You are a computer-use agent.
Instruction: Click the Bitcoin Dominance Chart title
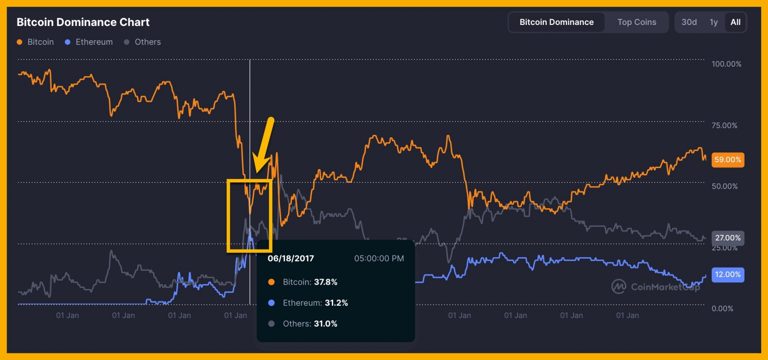83,22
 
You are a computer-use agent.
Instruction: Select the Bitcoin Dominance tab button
556,22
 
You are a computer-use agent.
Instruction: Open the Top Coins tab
636,22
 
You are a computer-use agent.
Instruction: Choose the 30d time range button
689,22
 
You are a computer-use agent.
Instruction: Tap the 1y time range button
714,22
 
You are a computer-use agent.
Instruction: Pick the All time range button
735,22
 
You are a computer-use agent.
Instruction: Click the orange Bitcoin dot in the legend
20,42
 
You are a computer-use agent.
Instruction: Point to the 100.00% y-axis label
726,64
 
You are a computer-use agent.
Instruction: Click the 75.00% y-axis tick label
724,126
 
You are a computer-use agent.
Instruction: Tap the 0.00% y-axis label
722,309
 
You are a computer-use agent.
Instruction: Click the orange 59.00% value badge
728,160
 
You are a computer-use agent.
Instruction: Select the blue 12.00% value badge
728,275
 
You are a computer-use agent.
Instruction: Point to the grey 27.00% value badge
728,238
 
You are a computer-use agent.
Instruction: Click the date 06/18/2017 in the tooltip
291,258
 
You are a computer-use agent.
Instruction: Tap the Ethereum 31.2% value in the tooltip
336,303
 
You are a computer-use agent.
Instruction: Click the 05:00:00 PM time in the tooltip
379,258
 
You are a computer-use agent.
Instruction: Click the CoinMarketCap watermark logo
619,287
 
